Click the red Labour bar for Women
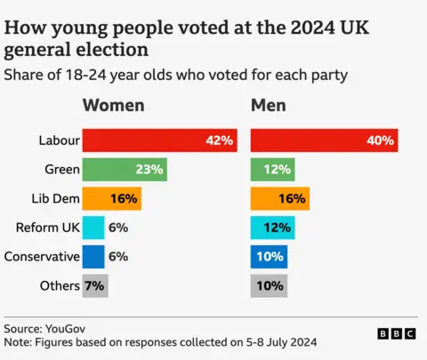(160, 140)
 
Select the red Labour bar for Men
(324, 140)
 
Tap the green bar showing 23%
(125, 170)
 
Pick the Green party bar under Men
(272, 170)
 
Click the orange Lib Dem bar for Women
(112, 199)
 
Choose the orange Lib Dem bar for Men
(279, 199)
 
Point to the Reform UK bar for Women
(93, 228)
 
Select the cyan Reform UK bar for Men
(272, 228)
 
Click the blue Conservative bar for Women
(93, 257)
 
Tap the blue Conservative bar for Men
(269, 257)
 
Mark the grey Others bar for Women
(95, 286)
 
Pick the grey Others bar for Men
(269, 286)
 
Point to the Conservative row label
(42, 257)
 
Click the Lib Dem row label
(54, 199)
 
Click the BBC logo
(396, 333)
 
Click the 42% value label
(219, 140)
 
